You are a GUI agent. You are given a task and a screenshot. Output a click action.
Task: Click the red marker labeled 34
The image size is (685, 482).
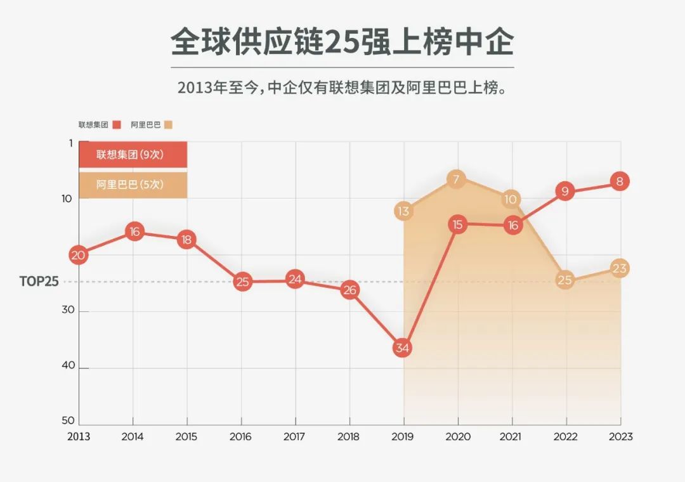[x=403, y=348]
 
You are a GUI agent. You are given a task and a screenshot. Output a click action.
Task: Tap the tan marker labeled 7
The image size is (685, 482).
[x=456, y=179]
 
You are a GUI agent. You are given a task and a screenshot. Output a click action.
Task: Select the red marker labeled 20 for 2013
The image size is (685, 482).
[x=79, y=256]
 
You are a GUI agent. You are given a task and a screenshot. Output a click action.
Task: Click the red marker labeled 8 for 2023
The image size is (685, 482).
[x=620, y=182]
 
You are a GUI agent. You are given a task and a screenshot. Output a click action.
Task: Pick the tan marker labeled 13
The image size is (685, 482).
[x=404, y=211]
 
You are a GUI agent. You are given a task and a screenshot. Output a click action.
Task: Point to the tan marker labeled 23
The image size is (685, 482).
[x=620, y=268]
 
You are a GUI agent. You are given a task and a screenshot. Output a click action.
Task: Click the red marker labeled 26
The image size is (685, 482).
[x=349, y=290]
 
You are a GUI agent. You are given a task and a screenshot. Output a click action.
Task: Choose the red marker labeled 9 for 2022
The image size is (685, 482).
[x=565, y=190]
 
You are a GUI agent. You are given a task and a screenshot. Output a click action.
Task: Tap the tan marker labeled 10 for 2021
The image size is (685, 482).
[x=511, y=199]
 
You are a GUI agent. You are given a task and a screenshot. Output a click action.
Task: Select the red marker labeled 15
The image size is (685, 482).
[x=457, y=224]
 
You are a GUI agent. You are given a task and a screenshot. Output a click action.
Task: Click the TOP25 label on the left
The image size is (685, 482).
[x=39, y=282]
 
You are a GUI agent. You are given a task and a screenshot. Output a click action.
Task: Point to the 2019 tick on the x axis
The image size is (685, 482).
[x=403, y=436]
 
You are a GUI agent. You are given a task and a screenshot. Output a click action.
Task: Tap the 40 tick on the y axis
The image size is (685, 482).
[x=67, y=366]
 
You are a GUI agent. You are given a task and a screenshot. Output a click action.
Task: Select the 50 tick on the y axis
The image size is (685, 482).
[x=68, y=420]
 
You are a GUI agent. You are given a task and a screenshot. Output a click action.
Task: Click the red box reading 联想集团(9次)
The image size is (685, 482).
[x=133, y=154]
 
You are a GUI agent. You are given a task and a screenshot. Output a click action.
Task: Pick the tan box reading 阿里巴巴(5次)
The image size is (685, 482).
[x=133, y=185]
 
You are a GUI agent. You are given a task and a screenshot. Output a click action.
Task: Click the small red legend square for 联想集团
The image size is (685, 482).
[x=116, y=125]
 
